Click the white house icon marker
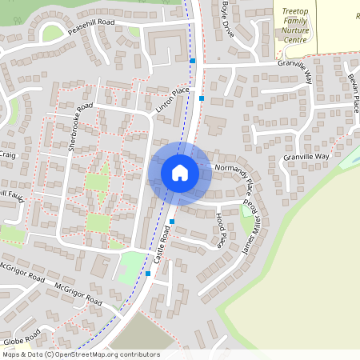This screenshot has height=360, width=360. pos(180,172)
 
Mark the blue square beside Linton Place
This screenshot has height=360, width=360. pos(202,98)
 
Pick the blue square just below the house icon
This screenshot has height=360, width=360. pos(172,222)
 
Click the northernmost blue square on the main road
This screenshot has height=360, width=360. pos(193,61)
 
